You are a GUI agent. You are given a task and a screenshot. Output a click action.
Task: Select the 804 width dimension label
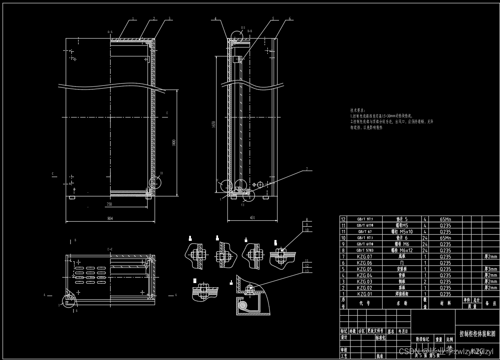click(110, 218)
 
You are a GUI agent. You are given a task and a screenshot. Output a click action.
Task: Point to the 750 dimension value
click(109, 204)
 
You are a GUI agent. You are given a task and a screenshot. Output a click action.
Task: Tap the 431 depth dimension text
click(252, 218)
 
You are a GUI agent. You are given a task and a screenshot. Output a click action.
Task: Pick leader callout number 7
click(307, 169)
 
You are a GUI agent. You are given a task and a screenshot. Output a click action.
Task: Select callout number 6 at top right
click(289, 19)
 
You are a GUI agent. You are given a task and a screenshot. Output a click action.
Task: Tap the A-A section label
click(110, 32)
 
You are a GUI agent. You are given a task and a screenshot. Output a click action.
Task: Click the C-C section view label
click(110, 249)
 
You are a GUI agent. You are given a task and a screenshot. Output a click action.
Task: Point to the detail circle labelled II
click(155, 182)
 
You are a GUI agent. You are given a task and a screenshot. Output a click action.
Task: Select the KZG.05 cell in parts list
click(364, 269)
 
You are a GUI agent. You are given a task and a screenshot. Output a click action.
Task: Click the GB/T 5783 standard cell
click(364, 250)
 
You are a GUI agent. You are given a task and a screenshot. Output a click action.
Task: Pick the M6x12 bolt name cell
click(400, 250)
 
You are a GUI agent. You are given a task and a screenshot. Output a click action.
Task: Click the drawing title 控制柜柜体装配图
click(477, 334)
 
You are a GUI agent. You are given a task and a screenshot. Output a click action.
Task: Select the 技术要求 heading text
click(358, 110)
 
